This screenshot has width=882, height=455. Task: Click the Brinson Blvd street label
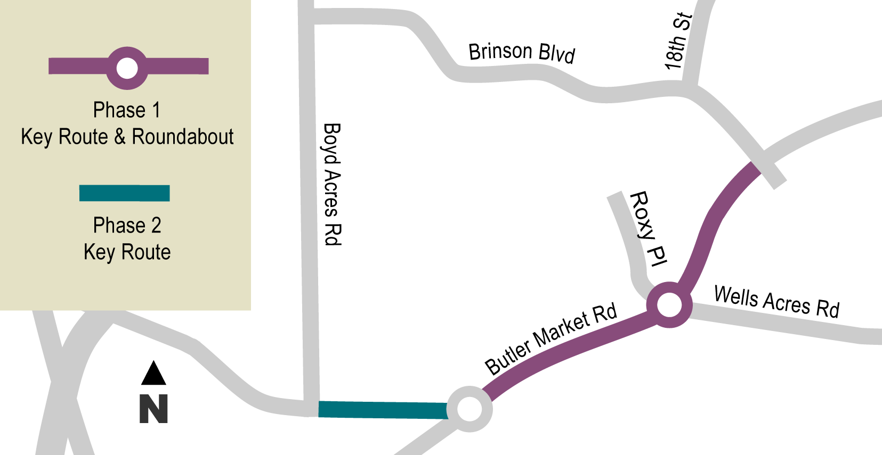pos(522,53)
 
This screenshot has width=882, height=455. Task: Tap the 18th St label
pos(678,42)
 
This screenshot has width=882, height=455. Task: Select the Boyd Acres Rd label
pos(332,184)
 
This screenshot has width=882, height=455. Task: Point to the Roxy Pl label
pos(649,229)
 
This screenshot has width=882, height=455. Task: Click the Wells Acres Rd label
pos(776,302)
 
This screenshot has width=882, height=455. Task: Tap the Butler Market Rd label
pos(551,338)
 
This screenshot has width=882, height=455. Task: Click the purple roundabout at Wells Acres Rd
pos(669,305)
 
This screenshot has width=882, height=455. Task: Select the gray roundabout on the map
pos(470,409)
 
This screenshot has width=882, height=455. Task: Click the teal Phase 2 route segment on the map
pos(383,410)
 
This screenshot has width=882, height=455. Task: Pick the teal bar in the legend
pos(124,193)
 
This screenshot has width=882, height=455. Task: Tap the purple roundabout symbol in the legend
pos(127,68)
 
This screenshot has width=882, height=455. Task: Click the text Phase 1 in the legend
pos(126,110)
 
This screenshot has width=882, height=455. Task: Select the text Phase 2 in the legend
pos(127,225)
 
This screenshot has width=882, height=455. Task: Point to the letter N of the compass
pos(153,409)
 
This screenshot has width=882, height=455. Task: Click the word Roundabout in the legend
pos(183,137)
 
